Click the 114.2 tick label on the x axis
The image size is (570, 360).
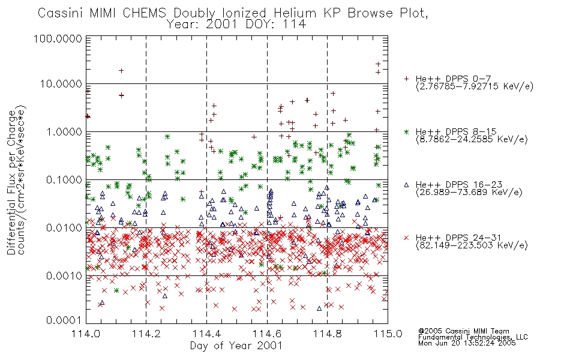point(146,334)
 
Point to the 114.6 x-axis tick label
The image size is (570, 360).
point(267,334)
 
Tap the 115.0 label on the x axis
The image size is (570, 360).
point(388,334)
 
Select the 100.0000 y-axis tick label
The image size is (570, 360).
point(58,38)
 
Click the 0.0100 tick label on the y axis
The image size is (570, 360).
point(64,228)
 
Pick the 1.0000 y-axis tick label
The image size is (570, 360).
point(64,131)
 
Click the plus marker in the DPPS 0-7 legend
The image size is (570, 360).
point(406,79)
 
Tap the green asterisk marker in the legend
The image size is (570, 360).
point(406,131)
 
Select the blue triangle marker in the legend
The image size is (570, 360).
point(406,185)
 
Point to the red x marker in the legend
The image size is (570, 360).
point(406,238)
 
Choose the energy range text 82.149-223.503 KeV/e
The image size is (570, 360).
point(472,245)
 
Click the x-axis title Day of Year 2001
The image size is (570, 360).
point(236,346)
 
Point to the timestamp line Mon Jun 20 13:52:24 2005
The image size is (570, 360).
point(467,343)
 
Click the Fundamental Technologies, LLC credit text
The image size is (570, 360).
point(473,337)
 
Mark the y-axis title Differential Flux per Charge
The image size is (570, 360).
point(11,182)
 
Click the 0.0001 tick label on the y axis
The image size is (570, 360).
point(64,320)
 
